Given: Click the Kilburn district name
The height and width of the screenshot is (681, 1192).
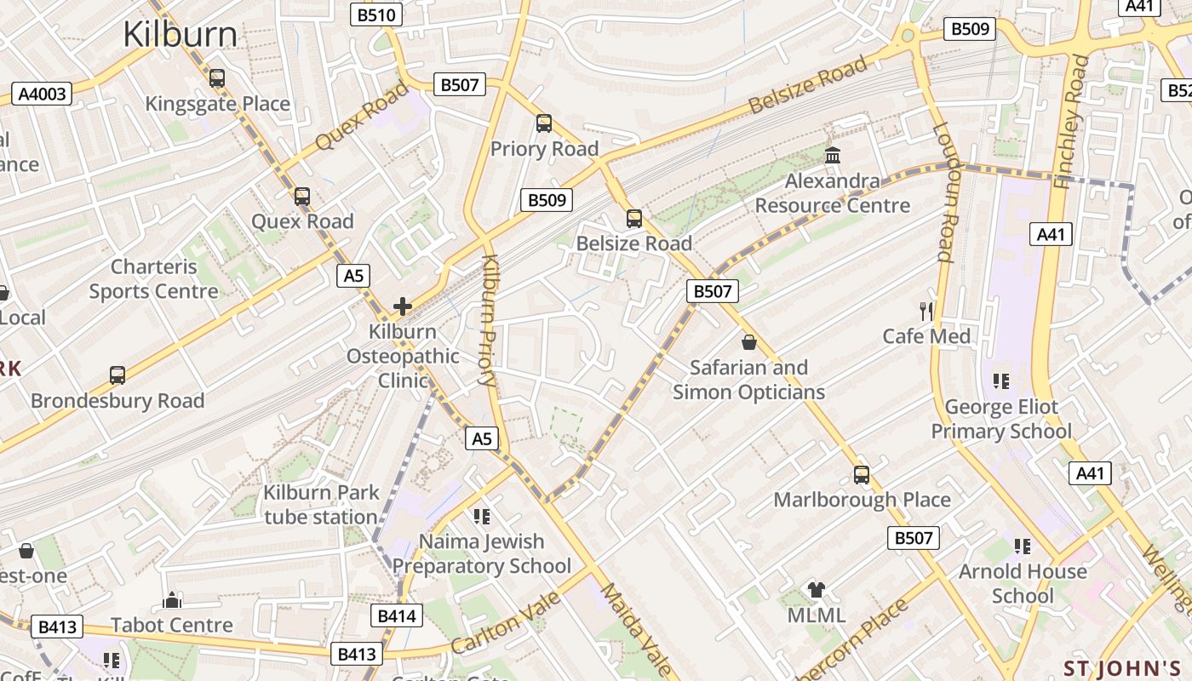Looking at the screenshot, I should [180, 35].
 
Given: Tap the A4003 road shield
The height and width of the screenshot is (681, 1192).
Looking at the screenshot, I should [42, 94].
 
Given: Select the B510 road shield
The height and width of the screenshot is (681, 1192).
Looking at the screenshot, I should [376, 14].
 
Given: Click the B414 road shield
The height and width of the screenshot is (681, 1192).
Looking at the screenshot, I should [397, 615].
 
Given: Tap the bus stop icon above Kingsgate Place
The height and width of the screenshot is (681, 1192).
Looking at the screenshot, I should [217, 78].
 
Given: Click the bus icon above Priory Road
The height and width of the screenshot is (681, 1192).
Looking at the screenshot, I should [544, 123].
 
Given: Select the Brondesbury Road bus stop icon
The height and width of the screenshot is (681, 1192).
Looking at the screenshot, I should [117, 375].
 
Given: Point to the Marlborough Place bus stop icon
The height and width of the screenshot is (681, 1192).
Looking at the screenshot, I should [862, 475].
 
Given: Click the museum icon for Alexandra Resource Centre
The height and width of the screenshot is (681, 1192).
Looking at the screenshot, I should [833, 156].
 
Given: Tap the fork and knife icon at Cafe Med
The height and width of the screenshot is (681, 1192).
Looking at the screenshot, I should [926, 312].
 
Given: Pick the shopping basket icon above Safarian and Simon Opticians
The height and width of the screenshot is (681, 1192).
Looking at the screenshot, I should [749, 342].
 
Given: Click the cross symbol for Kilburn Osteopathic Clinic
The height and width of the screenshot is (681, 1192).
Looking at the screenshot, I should [403, 306].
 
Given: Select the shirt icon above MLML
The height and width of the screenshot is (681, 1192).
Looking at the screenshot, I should [817, 590].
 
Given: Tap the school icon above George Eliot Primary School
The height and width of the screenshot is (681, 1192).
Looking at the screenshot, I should [1000, 381].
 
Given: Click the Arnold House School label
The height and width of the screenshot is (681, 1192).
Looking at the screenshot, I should [1023, 583].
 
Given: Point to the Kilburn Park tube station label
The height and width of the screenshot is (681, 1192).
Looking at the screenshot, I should [320, 505].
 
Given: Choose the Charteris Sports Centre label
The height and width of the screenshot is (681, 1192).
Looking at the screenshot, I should [154, 279].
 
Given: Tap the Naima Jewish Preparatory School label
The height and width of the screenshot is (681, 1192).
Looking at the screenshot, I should [481, 553].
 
